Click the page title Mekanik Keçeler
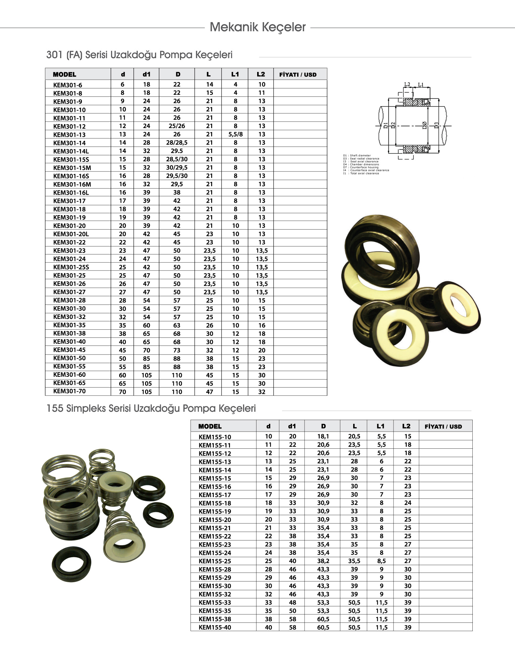(257, 27)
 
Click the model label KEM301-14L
(71, 151)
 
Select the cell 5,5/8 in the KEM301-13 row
(235, 134)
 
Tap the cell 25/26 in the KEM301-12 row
(177, 126)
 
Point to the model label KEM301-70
(69, 391)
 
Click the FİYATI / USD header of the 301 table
(298, 75)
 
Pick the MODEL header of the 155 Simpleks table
(210, 427)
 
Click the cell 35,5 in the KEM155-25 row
(354, 561)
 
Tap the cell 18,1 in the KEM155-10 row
(323, 436)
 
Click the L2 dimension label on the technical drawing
(407, 84)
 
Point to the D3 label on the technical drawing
(436, 125)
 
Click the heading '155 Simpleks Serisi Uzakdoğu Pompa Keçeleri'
(151, 409)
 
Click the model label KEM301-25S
(71, 267)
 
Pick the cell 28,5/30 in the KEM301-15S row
(177, 159)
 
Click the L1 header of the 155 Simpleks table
(380, 426)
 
